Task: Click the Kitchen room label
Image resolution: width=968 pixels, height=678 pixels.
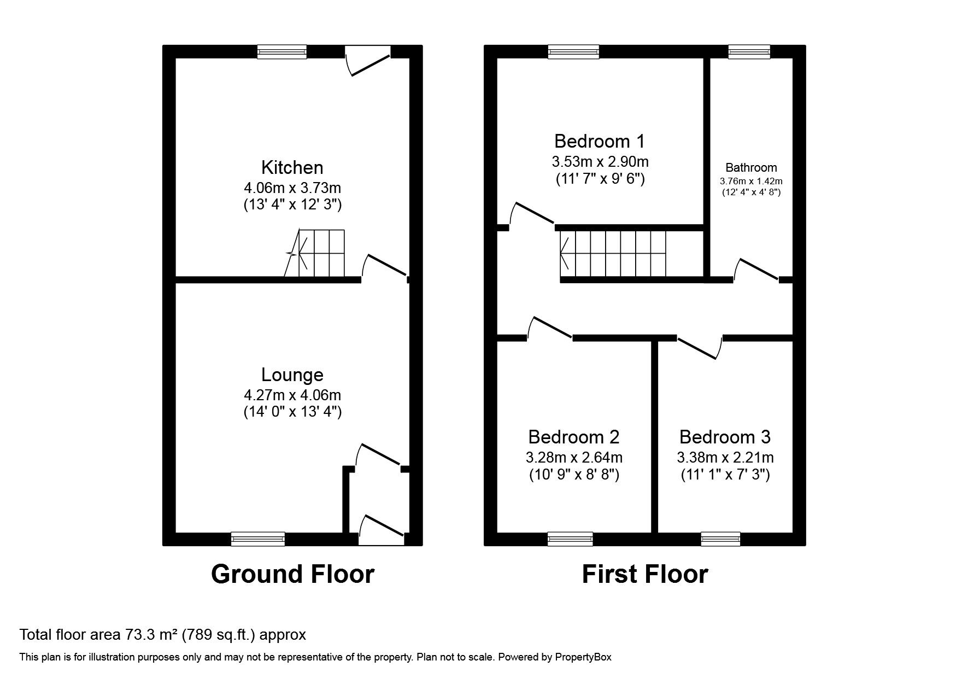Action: pos(292,167)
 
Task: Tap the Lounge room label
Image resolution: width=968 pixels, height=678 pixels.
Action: pos(292,375)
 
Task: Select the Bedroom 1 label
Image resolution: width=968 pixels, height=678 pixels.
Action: pos(599,141)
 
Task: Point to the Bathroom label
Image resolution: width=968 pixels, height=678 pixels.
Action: pos(750,168)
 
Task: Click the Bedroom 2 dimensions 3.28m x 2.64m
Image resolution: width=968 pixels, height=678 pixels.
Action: pos(574,457)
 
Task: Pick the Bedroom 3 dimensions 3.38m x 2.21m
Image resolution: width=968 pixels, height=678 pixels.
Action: pos(725,457)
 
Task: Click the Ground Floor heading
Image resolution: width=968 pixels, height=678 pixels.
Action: pos(292,574)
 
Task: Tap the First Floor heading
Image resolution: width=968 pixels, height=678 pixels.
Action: pos(644,574)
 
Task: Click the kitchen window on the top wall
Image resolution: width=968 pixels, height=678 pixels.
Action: pos(282,52)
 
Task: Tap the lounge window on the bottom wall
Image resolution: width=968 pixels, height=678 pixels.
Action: pos(257,539)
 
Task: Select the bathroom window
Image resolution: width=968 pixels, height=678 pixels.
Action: pos(749,52)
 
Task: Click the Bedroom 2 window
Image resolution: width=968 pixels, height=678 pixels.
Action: pos(570,539)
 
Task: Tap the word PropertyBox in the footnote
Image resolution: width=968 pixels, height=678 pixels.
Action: pos(583,657)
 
